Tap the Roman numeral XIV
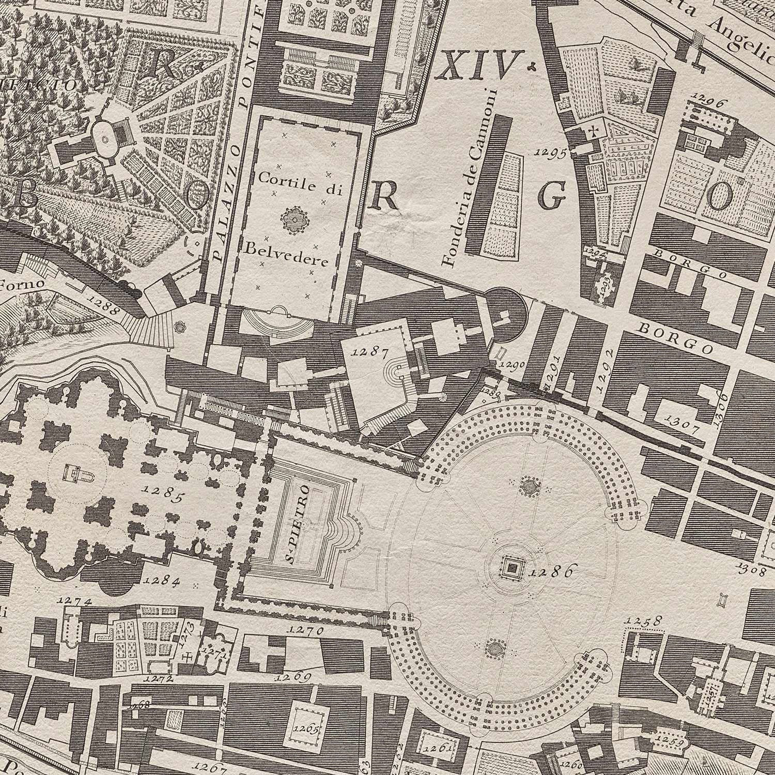coord(476,68)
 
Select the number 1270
coord(307,630)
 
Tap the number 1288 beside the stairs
coord(104,305)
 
